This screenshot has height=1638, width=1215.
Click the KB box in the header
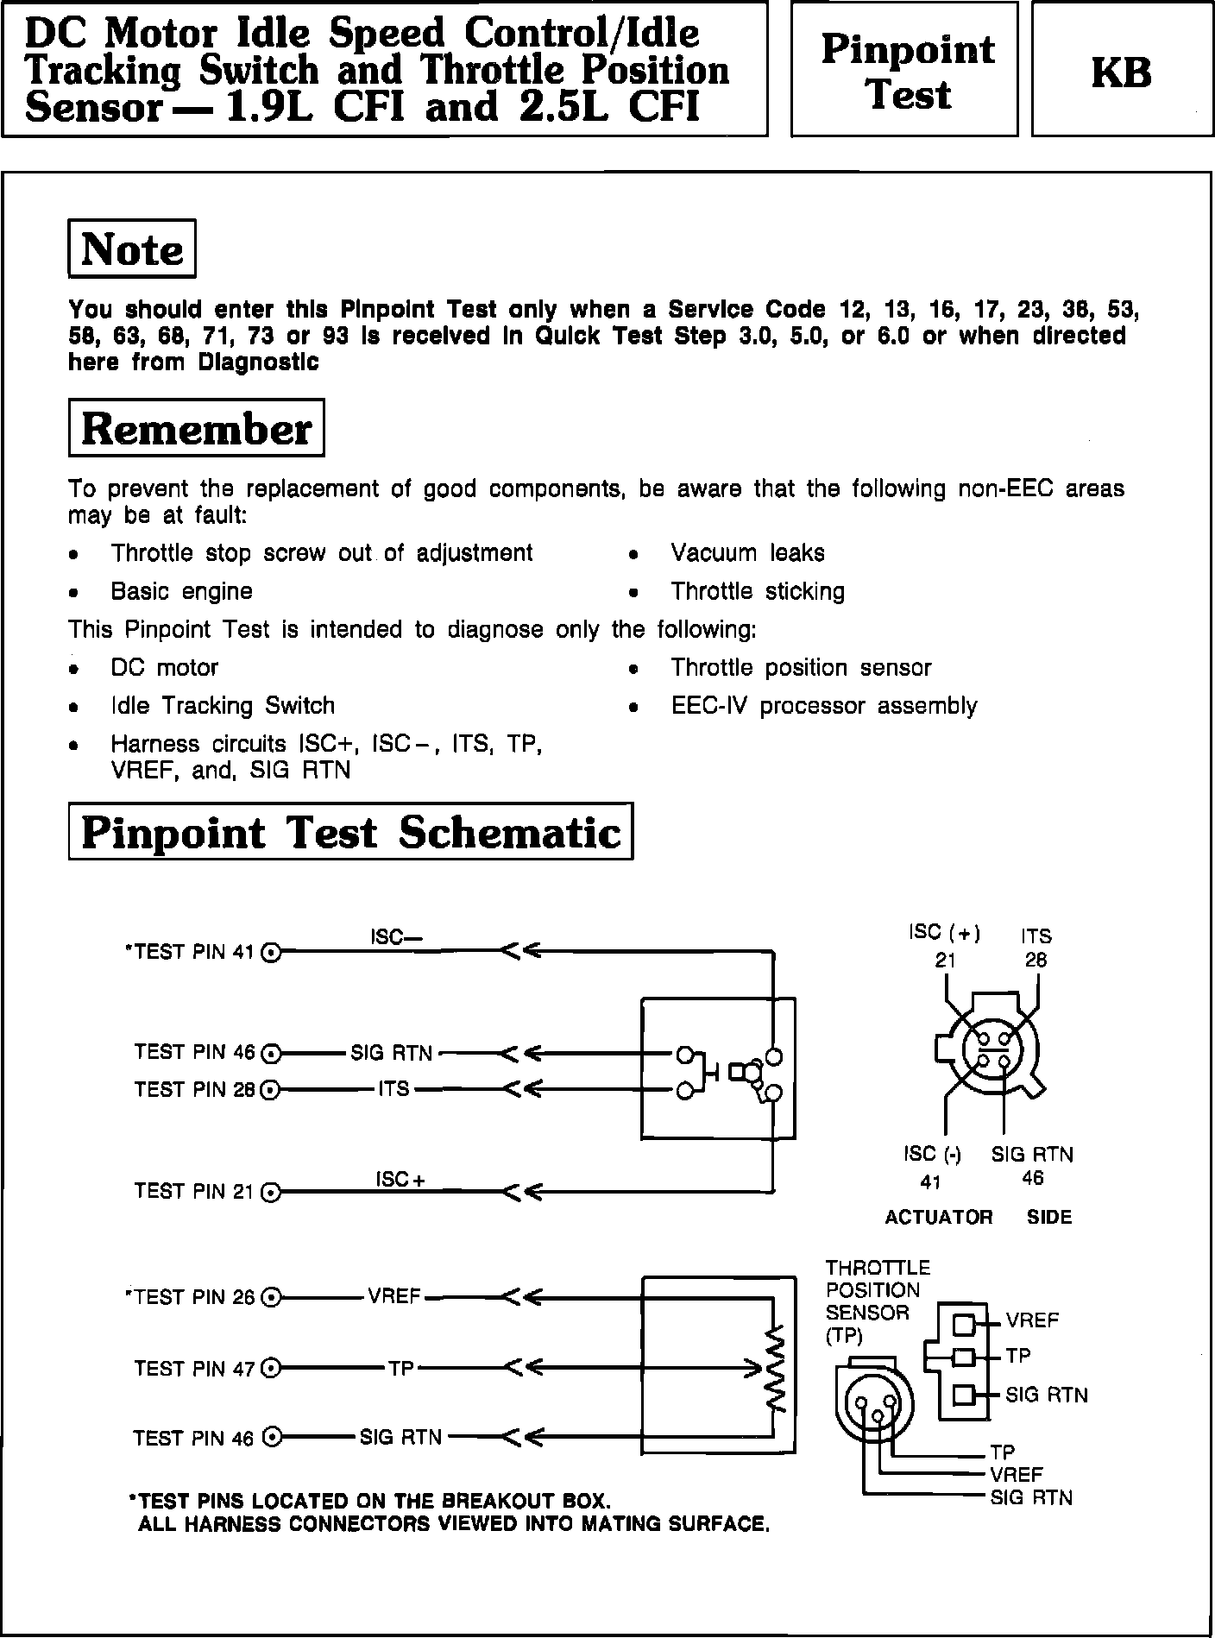(1121, 71)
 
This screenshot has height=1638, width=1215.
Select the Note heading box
(132, 249)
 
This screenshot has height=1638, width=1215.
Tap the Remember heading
(196, 428)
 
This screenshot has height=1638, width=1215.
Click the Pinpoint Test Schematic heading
(350, 832)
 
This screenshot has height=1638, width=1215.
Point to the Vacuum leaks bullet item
(747, 553)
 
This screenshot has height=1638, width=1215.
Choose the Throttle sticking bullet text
(758, 592)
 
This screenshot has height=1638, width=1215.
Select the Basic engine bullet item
(181, 592)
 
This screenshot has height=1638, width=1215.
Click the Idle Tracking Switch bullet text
(223, 706)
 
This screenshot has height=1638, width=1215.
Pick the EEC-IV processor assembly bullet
(824, 706)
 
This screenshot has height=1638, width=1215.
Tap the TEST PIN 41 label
(192, 952)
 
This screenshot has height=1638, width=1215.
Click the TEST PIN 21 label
(195, 1192)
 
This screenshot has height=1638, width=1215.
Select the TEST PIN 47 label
(195, 1369)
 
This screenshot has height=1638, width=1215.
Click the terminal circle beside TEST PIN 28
(271, 1091)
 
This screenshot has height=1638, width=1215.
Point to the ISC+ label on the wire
(400, 1180)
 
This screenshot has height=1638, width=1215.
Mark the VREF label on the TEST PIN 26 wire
(394, 1296)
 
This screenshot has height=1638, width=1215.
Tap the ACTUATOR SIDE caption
(979, 1217)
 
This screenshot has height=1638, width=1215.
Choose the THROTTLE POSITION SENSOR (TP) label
(877, 1301)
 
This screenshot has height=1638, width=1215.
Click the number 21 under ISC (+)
(945, 960)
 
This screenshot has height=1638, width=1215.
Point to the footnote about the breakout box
(374, 1502)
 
